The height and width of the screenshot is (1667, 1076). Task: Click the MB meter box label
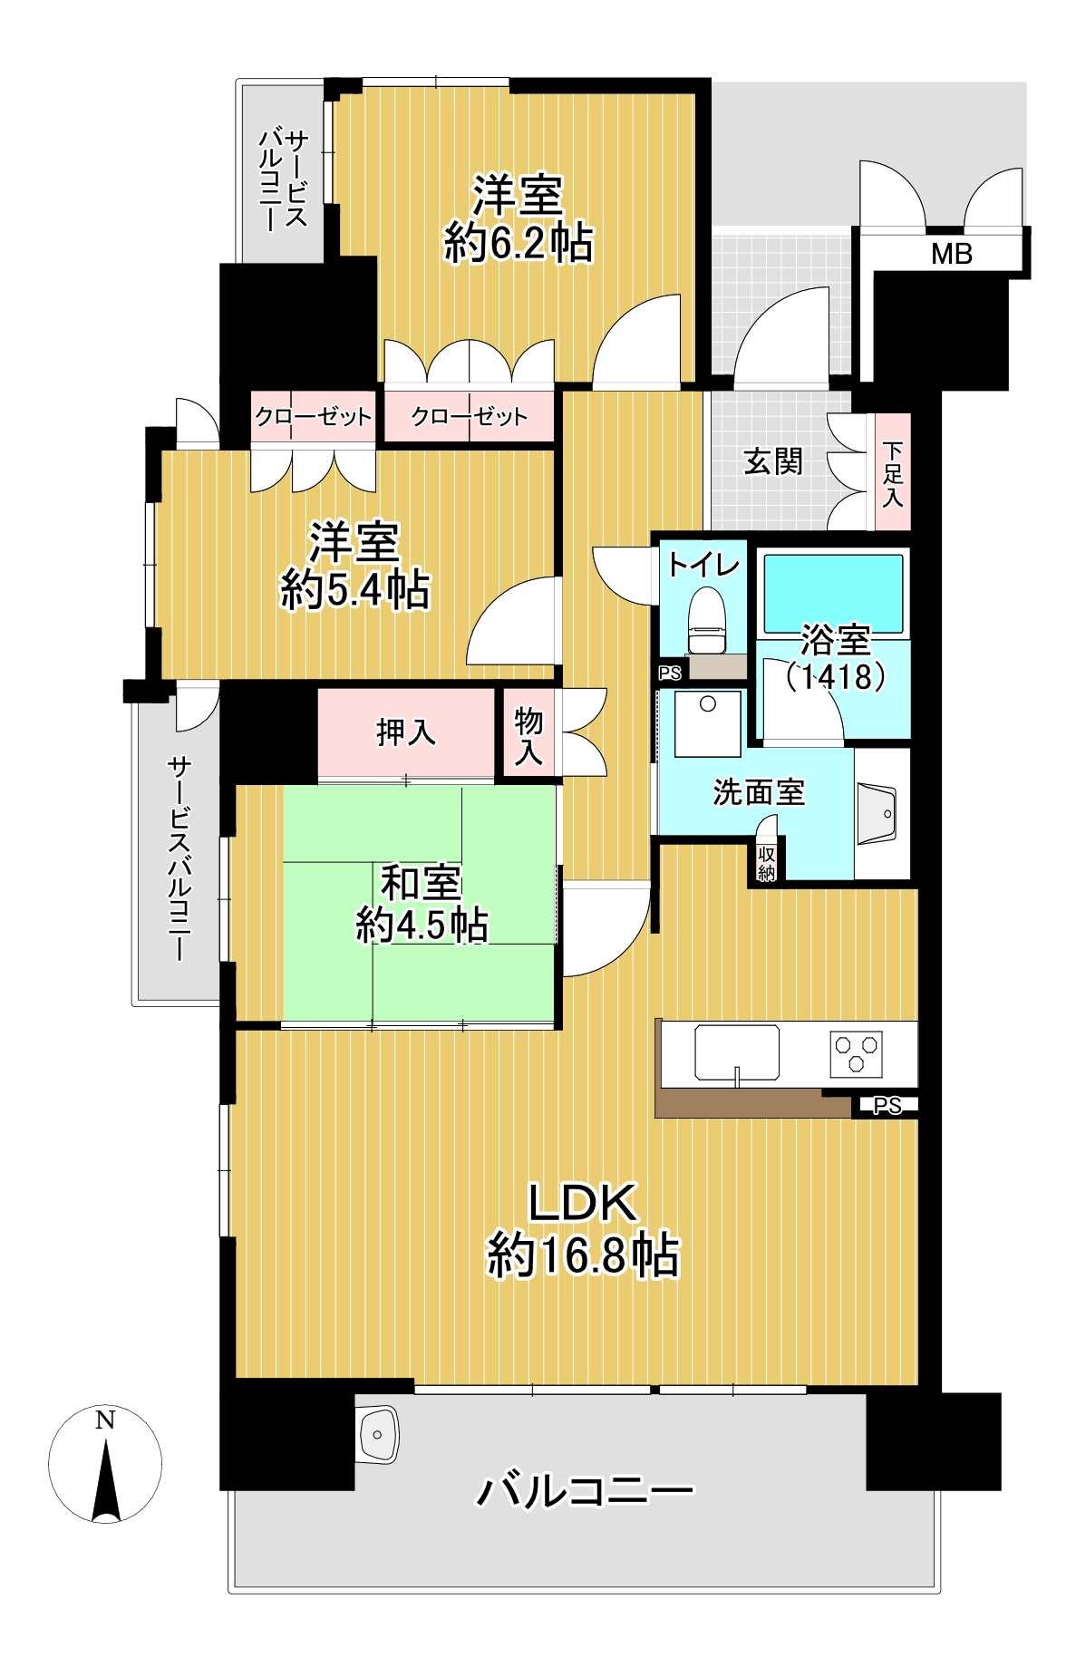951,254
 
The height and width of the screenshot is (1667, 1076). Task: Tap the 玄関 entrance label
773,461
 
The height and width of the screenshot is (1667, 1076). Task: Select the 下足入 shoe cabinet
893,472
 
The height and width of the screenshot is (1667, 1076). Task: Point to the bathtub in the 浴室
834,594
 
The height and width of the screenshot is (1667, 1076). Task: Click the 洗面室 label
759,791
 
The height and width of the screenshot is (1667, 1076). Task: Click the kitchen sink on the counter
737,1052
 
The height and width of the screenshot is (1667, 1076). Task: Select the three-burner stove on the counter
857,1053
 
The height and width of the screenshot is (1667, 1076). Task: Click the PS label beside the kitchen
887,1105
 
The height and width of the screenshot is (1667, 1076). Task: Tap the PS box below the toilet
671,673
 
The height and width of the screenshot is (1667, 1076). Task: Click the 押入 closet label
406,732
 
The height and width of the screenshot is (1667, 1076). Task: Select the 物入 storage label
528,736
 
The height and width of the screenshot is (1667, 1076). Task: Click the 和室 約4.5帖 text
422,904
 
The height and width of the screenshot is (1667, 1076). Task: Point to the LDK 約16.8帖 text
583,1230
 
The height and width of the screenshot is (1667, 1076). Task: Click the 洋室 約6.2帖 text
519,218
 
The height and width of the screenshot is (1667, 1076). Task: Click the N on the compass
105,1420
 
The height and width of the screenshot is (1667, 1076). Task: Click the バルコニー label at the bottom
586,1491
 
